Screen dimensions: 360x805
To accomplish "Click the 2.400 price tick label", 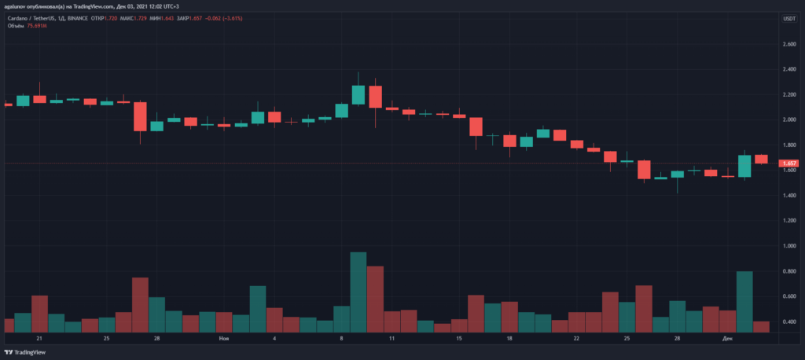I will [788, 69].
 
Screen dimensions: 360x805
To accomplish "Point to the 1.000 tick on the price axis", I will [788, 245].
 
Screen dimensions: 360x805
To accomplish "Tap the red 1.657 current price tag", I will [788, 163].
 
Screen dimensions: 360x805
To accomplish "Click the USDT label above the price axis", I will [788, 18].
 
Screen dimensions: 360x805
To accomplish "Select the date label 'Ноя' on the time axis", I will [224, 339].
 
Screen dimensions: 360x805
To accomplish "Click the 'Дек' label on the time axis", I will [728, 339].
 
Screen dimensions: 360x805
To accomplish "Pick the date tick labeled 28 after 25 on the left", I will [157, 339].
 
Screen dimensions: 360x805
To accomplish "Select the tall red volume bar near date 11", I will [375, 299].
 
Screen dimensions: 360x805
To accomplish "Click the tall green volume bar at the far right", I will [744, 301].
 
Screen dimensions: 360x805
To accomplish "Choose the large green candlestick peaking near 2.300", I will [358, 95].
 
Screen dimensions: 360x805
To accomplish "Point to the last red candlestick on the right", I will [761, 159].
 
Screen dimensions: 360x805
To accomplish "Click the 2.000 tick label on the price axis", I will [788, 119].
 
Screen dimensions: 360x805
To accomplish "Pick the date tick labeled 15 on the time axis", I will [458, 339].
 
